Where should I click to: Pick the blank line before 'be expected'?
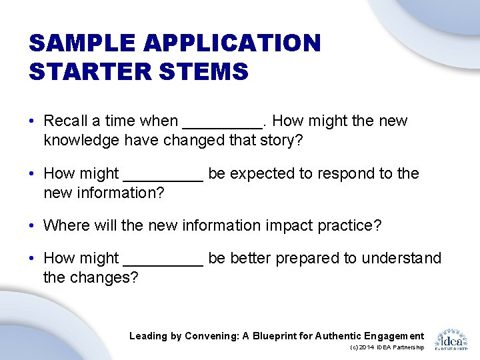[x=163, y=178]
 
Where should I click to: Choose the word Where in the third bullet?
[x=65, y=225]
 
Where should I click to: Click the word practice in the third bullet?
[x=352, y=225]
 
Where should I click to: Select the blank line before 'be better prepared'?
[x=163, y=263]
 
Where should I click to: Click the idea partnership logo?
[x=451, y=339]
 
